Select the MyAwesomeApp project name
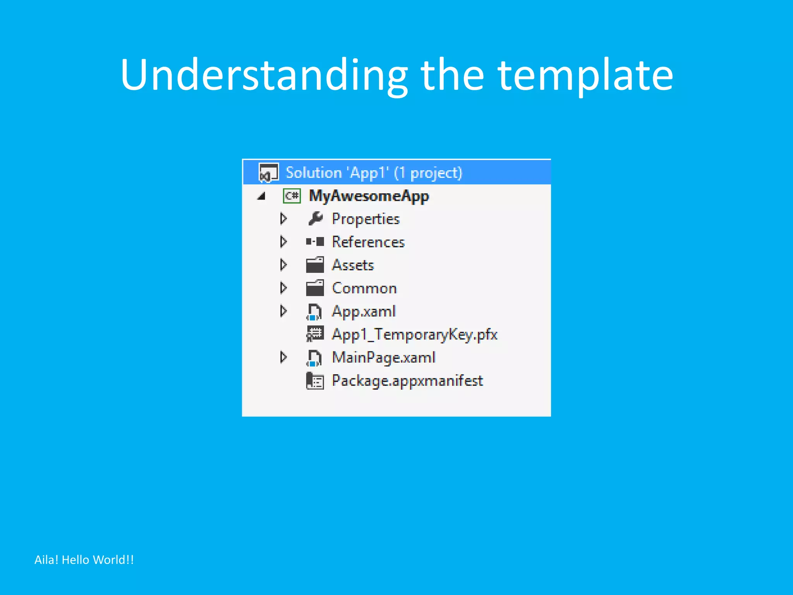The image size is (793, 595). coord(369,196)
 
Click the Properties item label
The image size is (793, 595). coord(366,219)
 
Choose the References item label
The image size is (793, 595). coord(368,242)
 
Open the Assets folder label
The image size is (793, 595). coord(353,265)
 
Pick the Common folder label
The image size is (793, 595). coord(364,288)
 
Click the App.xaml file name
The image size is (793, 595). coord(364,311)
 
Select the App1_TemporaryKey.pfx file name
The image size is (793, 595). coord(414,335)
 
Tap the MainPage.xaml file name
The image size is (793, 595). coord(383,358)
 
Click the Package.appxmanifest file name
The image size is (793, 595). coord(407,381)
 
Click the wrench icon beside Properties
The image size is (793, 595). coord(315,219)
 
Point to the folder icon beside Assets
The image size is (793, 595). coord(315,265)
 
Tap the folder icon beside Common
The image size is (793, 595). coord(315,288)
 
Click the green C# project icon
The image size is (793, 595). coord(292,196)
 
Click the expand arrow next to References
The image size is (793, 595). coord(283,242)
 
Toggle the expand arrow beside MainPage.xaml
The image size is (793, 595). coord(283,358)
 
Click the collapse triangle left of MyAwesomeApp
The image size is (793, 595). coord(262,196)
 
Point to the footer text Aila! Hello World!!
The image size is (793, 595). coord(84,560)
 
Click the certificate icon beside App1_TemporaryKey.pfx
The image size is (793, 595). coord(315,334)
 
